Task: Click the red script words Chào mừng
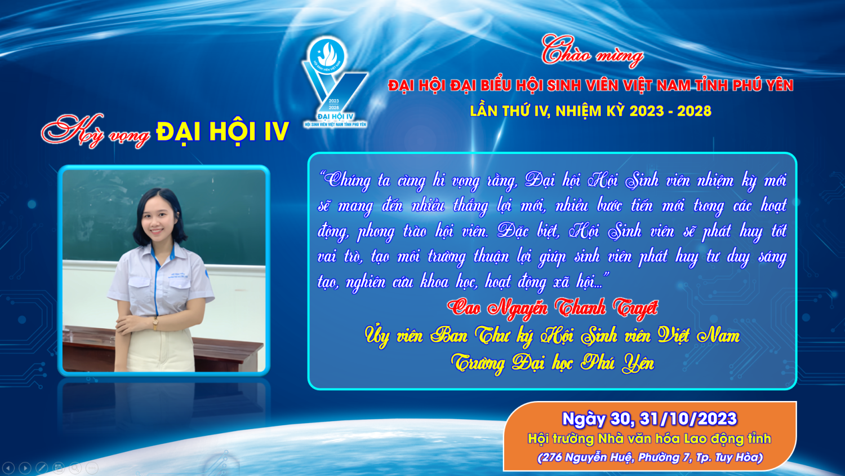click(592, 53)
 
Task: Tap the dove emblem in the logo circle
click(327, 54)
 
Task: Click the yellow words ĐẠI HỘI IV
click(223, 131)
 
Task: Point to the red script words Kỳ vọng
click(96, 131)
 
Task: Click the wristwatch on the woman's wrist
click(155, 323)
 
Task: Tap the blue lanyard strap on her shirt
click(156, 280)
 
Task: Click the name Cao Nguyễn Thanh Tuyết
click(553, 307)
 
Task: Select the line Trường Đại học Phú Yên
click(553, 363)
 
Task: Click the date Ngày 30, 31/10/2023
click(649, 418)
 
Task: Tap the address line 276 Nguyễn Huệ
click(650, 457)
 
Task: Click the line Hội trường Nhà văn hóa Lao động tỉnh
click(649, 439)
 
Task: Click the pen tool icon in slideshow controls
click(42, 468)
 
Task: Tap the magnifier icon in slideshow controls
click(75, 468)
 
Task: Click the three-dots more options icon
click(92, 468)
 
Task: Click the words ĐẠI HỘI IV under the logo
click(335, 116)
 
